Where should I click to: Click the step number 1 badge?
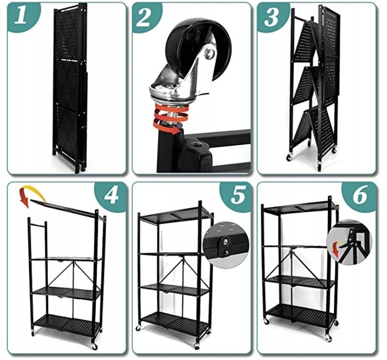[22, 16]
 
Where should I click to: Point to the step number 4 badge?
[111, 196]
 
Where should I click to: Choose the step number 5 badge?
[237, 196]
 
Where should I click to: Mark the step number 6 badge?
[360, 196]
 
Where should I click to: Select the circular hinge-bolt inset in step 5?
[225, 244]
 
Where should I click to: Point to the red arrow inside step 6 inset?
[336, 248]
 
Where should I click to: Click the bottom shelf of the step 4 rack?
[67, 323]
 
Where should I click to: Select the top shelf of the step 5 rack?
[175, 215]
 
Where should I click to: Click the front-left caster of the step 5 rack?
[138, 329]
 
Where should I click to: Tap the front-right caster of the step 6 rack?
[328, 338]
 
